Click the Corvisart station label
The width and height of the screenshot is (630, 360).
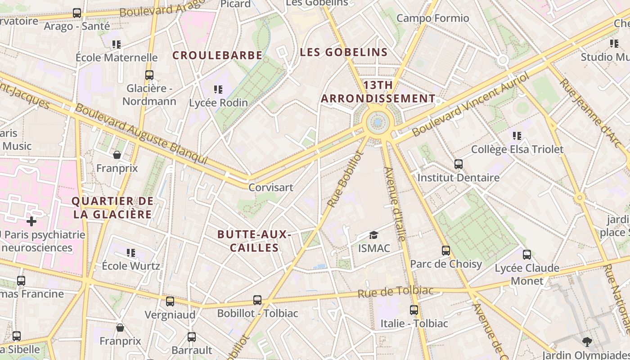pyautogui.click(x=271, y=187)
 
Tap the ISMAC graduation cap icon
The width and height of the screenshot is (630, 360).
pyautogui.click(x=373, y=235)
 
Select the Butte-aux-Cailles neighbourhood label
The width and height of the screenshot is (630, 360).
pyautogui.click(x=254, y=241)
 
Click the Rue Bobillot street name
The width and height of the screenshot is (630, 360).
pyautogui.click(x=345, y=179)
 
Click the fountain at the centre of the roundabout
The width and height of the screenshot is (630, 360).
pyautogui.click(x=378, y=122)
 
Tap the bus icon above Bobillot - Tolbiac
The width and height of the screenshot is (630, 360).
pyautogui.click(x=257, y=300)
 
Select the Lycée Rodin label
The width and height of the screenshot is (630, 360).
pyautogui.click(x=218, y=103)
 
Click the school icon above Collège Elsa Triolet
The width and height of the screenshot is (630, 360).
pyautogui.click(x=517, y=135)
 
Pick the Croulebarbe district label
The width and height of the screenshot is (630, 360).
pyautogui.click(x=217, y=55)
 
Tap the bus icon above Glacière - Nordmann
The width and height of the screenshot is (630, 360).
pyautogui.click(x=149, y=75)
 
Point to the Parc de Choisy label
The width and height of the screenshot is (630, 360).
pyautogui.click(x=446, y=264)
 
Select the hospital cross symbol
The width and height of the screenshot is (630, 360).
pyautogui.click(x=31, y=221)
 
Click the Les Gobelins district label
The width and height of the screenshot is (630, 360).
pyautogui.click(x=344, y=52)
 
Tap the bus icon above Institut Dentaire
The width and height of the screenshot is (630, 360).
pyautogui.click(x=458, y=164)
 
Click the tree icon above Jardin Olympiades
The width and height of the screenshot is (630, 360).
pyautogui.click(x=587, y=342)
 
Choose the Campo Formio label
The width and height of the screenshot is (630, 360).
pyautogui.click(x=432, y=18)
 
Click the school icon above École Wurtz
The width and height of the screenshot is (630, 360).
pyautogui.click(x=130, y=252)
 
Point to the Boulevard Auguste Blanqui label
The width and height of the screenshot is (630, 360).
pyautogui.click(x=141, y=134)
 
